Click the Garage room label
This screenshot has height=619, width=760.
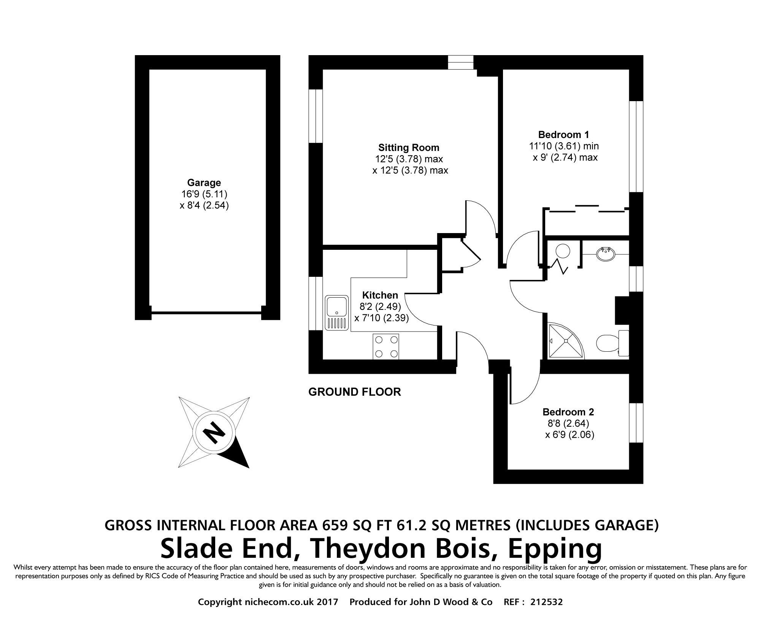point(204,183)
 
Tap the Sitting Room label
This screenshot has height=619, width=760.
point(408,148)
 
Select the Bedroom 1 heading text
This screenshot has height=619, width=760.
point(563,135)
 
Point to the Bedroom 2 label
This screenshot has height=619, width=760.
point(568,412)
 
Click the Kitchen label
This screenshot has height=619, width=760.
point(380,295)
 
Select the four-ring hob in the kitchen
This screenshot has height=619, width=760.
point(386,346)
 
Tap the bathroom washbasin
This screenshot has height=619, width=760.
point(604,254)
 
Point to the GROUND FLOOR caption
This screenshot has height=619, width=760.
point(354,392)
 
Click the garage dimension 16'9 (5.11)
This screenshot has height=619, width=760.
point(204,194)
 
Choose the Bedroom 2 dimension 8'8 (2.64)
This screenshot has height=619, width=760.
point(568,423)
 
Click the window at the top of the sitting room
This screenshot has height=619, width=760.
point(460,62)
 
